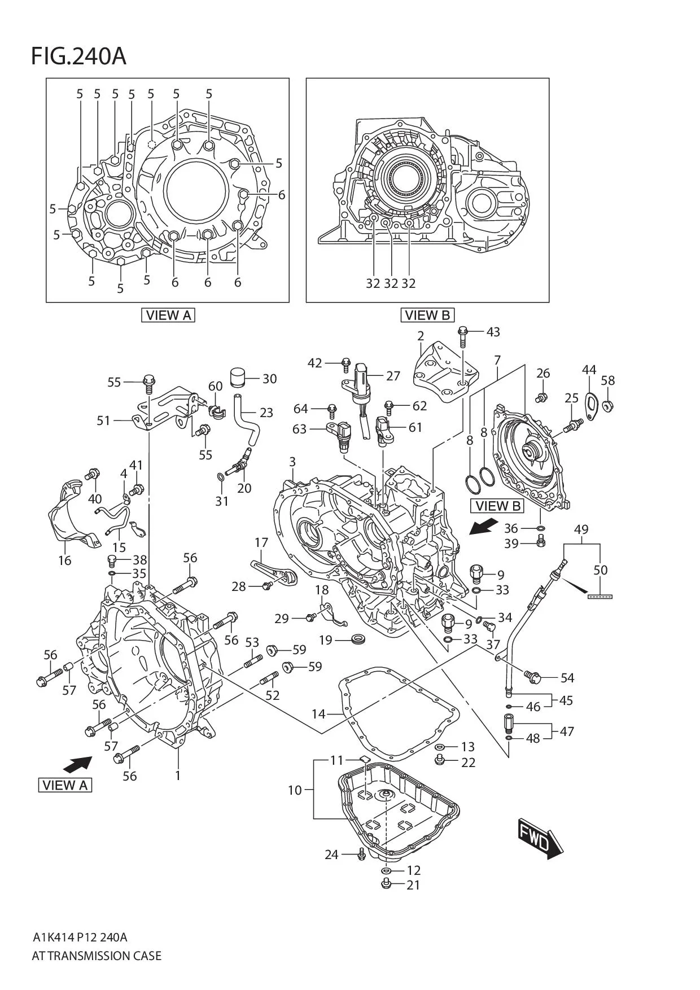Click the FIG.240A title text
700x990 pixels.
coord(78,56)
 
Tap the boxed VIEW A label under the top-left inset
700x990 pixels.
coord(168,315)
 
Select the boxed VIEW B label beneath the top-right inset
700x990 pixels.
coord(427,315)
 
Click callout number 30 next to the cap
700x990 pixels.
coord(269,379)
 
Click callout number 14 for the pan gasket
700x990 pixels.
coord(318,714)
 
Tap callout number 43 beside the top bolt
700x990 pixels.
coord(493,332)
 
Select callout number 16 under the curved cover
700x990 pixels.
coord(65,560)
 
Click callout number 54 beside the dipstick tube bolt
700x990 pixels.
coord(567,677)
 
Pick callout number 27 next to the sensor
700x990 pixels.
coord(393,376)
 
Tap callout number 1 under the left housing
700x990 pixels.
coord(178,776)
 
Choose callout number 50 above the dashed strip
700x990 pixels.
coord(600,570)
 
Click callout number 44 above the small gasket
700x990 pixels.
coord(589,370)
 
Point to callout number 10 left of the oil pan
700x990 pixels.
coord(295,790)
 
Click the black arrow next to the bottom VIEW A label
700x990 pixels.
coord(77,765)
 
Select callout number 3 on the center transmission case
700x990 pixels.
coord(292,462)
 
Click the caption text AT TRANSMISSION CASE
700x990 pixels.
coord(97,956)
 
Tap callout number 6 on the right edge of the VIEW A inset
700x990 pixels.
coord(281,195)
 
